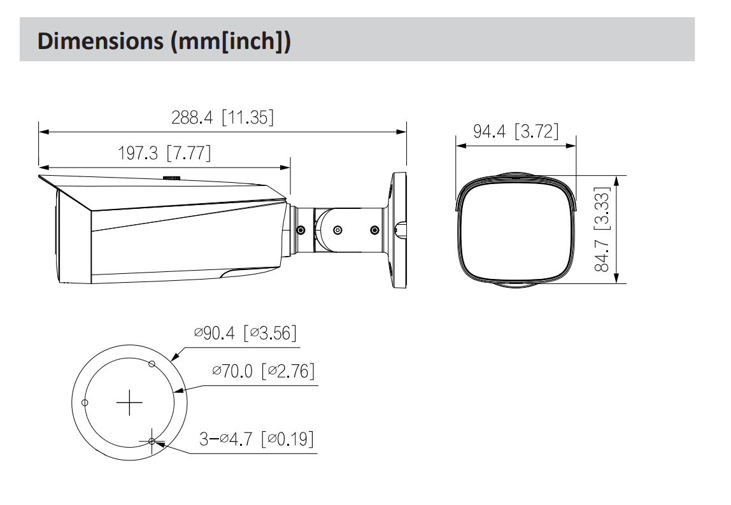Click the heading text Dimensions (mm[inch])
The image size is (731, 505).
(x=164, y=41)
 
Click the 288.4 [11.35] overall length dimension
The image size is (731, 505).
(x=222, y=117)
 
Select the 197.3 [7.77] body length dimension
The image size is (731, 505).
(x=164, y=153)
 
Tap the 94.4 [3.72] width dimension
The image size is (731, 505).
(x=516, y=131)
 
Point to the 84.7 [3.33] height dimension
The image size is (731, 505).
(x=602, y=229)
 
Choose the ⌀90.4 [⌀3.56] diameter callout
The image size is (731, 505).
(x=245, y=333)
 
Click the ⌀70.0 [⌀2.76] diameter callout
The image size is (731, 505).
(x=264, y=371)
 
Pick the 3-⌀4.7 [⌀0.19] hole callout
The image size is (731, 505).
(x=257, y=439)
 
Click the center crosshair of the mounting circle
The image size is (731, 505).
(x=129, y=402)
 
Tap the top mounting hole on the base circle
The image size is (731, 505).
(x=152, y=364)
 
